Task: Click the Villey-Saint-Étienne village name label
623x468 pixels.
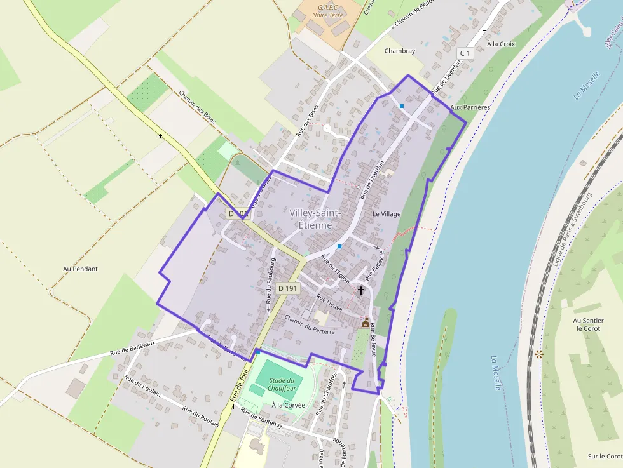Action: coord(315,218)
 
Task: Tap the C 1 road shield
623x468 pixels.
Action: coord(465,53)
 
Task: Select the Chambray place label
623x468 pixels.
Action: coord(399,51)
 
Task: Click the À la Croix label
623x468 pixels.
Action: coord(500,44)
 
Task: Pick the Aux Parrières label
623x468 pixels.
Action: coord(470,108)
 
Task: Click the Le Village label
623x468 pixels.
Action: coord(387,214)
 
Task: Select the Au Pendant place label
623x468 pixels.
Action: coord(81,269)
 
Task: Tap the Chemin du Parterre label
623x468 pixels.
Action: coord(310,323)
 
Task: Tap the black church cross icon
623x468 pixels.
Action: coord(361,291)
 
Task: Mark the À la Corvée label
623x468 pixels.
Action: coord(288,405)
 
